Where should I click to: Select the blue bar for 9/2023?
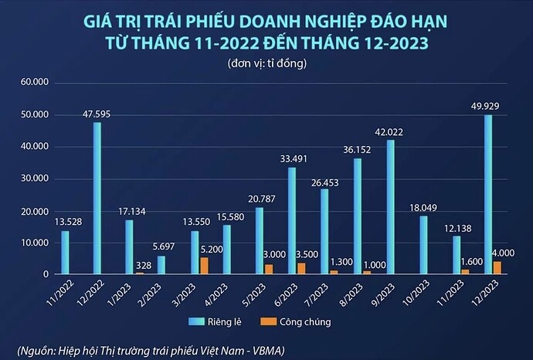point(391,207)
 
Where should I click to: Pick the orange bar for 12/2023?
point(497,267)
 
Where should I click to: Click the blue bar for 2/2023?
point(161,265)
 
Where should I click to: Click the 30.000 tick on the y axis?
point(35,178)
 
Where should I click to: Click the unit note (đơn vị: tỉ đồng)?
point(266,63)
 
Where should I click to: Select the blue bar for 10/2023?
point(423,245)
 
